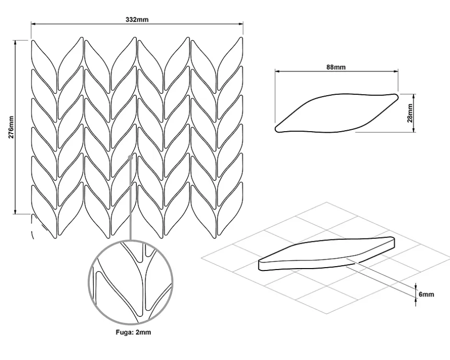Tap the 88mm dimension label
point(336,67)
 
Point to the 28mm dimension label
point(410,112)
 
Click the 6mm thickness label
point(426,294)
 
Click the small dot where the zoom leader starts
point(130,156)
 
